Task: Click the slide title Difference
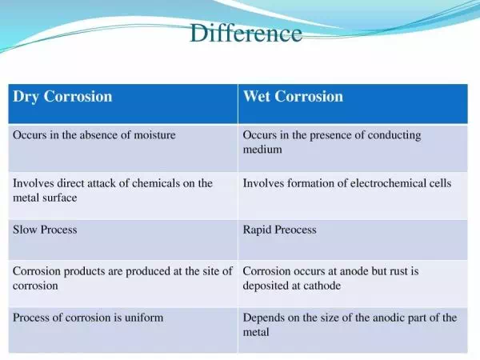pyautogui.click(x=246, y=33)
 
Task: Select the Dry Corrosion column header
pyautogui.click(x=62, y=97)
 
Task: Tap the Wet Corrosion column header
pyautogui.click(x=293, y=96)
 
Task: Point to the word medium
pyautogui.click(x=262, y=150)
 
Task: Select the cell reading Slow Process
pyautogui.click(x=45, y=230)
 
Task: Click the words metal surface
pyautogui.click(x=45, y=198)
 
